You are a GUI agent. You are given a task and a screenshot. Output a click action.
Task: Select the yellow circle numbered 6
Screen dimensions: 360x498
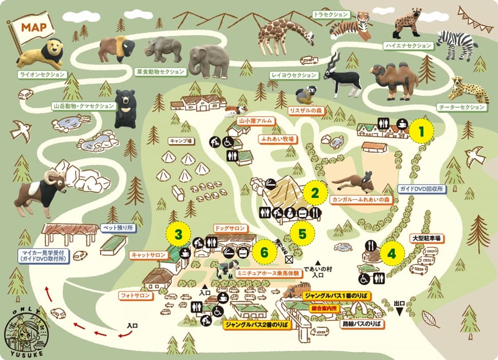(264, 253)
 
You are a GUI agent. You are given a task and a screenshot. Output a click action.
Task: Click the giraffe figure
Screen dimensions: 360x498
(284, 33)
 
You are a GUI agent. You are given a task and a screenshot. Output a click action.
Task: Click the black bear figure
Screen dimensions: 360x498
(124, 108)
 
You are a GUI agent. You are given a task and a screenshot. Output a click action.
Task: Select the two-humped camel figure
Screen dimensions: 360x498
(395, 80)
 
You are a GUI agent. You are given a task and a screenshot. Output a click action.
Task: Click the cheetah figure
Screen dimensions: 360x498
(469, 91)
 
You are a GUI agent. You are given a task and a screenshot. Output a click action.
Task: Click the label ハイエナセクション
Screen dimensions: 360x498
(408, 46)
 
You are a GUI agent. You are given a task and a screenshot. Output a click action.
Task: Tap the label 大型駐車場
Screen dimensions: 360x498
(428, 239)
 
